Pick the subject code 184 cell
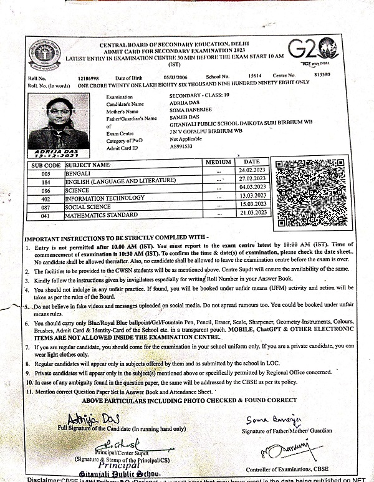pyautogui.click(x=46, y=180)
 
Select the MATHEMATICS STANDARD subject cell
pyautogui.click(x=102, y=215)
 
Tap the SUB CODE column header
pyautogui.click(x=46, y=165)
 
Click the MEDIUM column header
pyautogui.click(x=218, y=162)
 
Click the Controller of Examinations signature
pyautogui.click(x=276, y=448)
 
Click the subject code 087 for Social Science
pyautogui.click(x=46, y=206)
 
